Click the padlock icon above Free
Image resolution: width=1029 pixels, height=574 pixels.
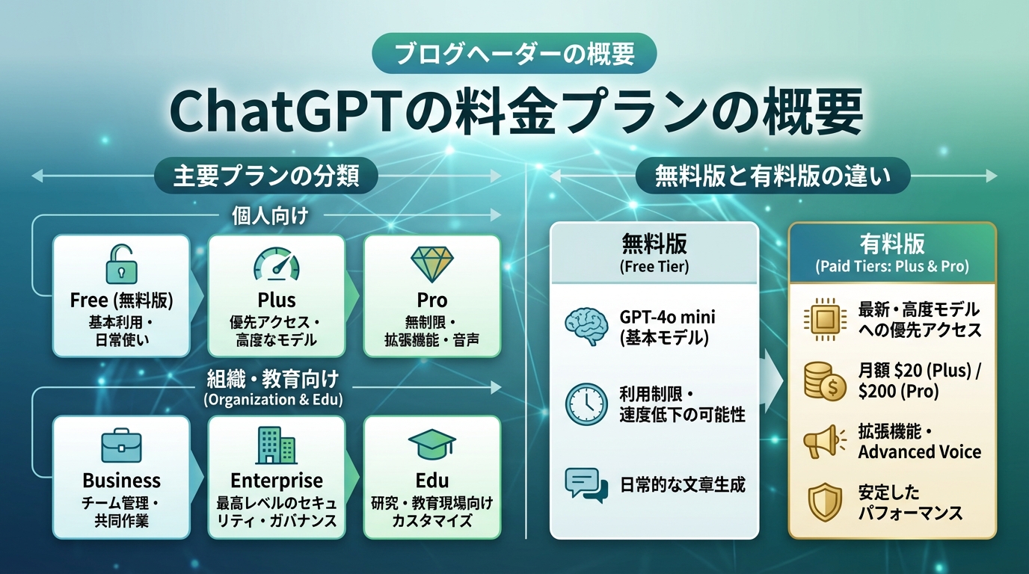click(x=121, y=264)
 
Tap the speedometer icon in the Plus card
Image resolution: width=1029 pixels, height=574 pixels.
click(x=276, y=265)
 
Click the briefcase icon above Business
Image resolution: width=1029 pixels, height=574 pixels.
click(x=121, y=446)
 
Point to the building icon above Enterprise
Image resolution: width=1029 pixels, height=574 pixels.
click(x=276, y=445)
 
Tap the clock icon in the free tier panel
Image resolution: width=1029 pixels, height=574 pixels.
click(x=586, y=404)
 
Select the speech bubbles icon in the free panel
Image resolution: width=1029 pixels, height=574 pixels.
click(x=586, y=484)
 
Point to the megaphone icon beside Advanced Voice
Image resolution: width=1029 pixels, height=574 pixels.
click(x=823, y=442)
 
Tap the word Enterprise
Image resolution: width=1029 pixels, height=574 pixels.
click(x=276, y=480)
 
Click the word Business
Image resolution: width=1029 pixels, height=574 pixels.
click(x=121, y=480)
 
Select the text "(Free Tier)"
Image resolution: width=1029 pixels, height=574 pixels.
click(x=654, y=267)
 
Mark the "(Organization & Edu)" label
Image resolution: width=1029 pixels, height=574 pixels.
click(x=273, y=400)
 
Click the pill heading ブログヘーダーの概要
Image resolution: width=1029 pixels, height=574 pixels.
click(x=514, y=54)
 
